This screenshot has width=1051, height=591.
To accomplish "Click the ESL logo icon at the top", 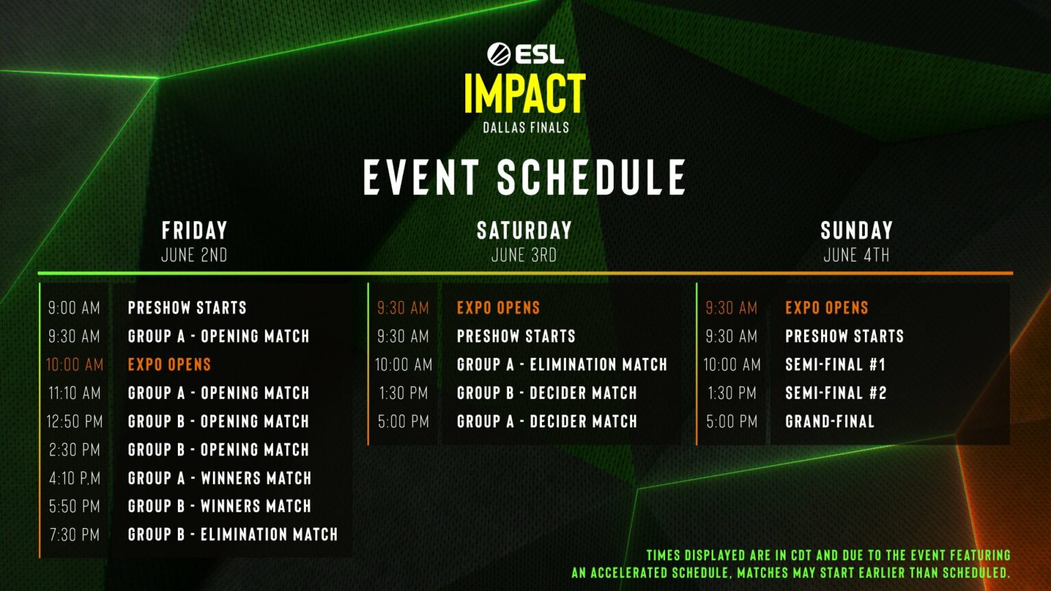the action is [x=499, y=53].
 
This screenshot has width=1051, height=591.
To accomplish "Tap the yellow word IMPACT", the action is [x=525, y=93].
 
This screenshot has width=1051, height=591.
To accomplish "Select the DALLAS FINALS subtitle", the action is [x=526, y=128].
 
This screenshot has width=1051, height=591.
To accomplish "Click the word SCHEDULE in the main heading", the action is [x=592, y=177].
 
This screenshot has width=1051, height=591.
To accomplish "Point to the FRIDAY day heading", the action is [x=194, y=231].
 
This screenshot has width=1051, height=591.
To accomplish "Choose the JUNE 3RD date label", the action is [x=524, y=255].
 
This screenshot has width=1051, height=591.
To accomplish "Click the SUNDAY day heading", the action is [x=856, y=231].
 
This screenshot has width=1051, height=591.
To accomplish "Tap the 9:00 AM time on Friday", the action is [x=74, y=308].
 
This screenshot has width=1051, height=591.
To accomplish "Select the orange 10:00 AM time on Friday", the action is [x=75, y=365].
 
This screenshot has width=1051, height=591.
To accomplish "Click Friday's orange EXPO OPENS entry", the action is [x=170, y=365].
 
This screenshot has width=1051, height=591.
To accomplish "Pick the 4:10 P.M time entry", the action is [x=75, y=478].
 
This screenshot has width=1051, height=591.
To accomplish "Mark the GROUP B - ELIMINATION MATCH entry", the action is [x=233, y=535].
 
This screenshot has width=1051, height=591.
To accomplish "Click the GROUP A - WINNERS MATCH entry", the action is [x=220, y=478].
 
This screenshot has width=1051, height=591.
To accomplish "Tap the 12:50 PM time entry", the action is [x=75, y=421].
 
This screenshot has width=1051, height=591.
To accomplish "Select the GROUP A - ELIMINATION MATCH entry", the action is [x=562, y=365].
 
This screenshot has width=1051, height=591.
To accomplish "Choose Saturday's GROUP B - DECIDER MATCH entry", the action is [x=547, y=393].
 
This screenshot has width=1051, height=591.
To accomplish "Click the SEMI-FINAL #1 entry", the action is [x=835, y=365].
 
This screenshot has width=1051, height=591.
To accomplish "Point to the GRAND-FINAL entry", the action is [x=830, y=421].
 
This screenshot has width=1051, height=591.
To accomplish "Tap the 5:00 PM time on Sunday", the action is [x=732, y=421].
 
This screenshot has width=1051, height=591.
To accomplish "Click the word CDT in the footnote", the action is [x=801, y=556].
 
